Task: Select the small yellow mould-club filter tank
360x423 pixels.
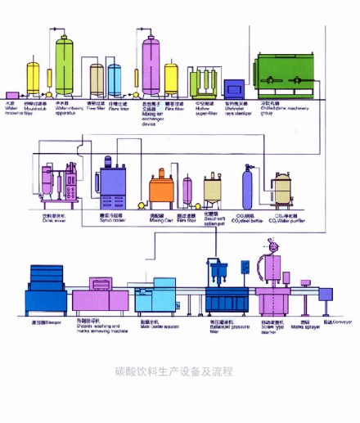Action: click(x=33, y=79)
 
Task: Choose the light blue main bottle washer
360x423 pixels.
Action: click(x=154, y=295)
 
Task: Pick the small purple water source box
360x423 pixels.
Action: click(x=12, y=95)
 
